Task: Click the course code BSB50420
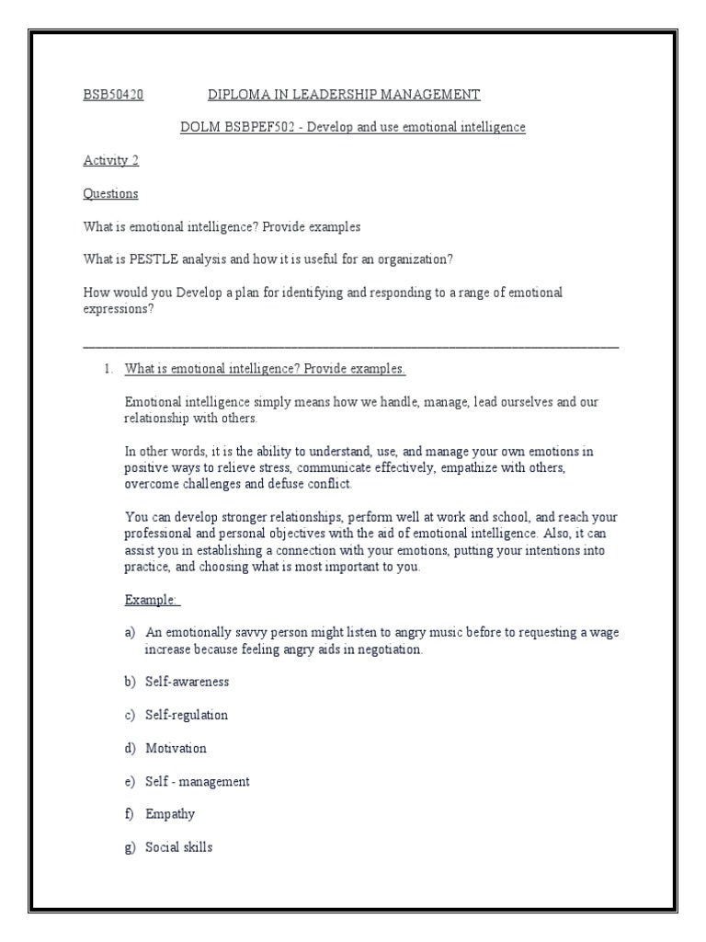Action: (x=113, y=95)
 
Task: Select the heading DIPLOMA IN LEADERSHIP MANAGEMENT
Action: (x=344, y=95)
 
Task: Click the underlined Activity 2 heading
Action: (x=111, y=160)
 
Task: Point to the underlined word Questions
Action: (x=110, y=193)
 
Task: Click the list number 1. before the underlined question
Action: (x=108, y=369)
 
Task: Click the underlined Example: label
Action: (x=152, y=600)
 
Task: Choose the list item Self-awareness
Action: (x=188, y=682)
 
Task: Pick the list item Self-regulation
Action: (x=187, y=715)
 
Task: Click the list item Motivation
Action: (x=176, y=748)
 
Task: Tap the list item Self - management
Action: (x=197, y=781)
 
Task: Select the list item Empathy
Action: (x=170, y=814)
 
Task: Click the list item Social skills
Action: (x=178, y=847)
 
